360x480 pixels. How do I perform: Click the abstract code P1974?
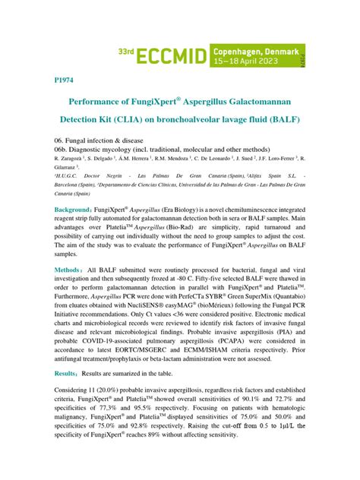coord(64,78)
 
